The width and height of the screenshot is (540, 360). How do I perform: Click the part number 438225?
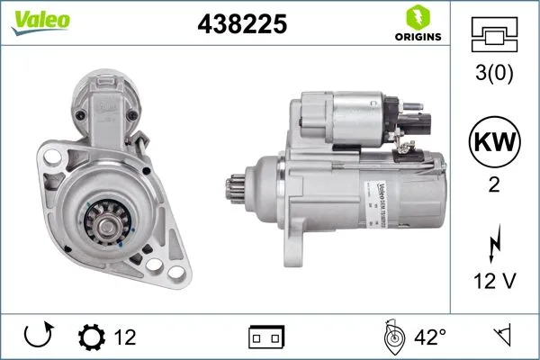click(x=241, y=25)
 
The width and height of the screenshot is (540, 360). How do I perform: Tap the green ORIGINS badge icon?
click(x=417, y=16)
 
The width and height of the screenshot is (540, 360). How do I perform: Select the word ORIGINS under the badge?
click(x=417, y=37)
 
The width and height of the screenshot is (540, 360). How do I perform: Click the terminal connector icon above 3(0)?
click(x=495, y=34)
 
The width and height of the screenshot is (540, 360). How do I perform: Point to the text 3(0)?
click(x=495, y=74)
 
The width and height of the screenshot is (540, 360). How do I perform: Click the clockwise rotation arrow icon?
click(x=37, y=337)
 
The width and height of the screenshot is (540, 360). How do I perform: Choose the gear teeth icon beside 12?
click(x=92, y=337)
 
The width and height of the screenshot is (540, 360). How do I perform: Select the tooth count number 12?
click(x=125, y=337)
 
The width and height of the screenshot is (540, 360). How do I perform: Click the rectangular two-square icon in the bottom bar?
click(x=266, y=337)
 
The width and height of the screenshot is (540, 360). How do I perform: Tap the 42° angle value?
click(x=430, y=337)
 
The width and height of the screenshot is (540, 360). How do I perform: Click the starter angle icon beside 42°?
click(x=392, y=337)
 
